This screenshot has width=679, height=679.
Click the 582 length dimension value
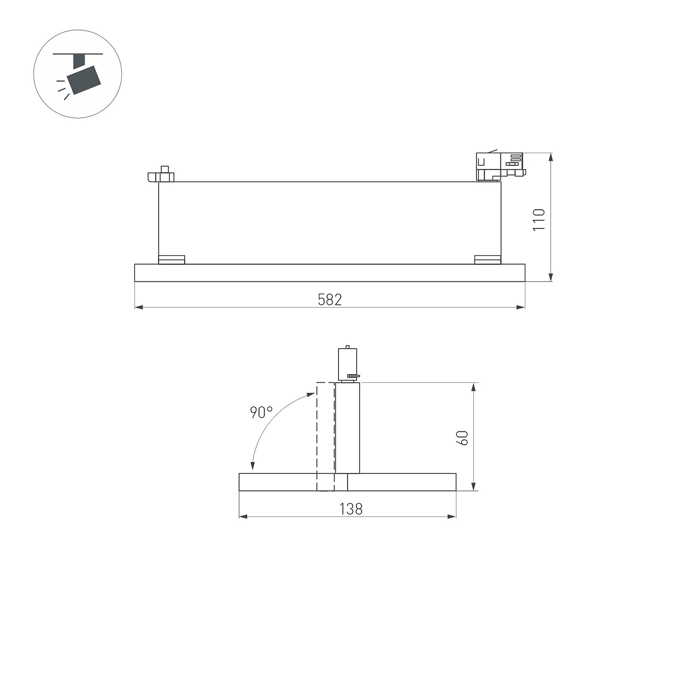coord(330,300)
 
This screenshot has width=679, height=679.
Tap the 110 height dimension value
coord(539,220)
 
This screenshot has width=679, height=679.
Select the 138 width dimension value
coord(351,509)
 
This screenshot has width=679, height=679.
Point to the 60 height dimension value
coord(463,438)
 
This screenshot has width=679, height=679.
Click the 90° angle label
coord(261,412)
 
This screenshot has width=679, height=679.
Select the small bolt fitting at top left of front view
coord(161,174)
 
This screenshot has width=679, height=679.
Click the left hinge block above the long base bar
coord(172,260)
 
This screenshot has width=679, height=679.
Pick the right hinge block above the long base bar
coord(488,260)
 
